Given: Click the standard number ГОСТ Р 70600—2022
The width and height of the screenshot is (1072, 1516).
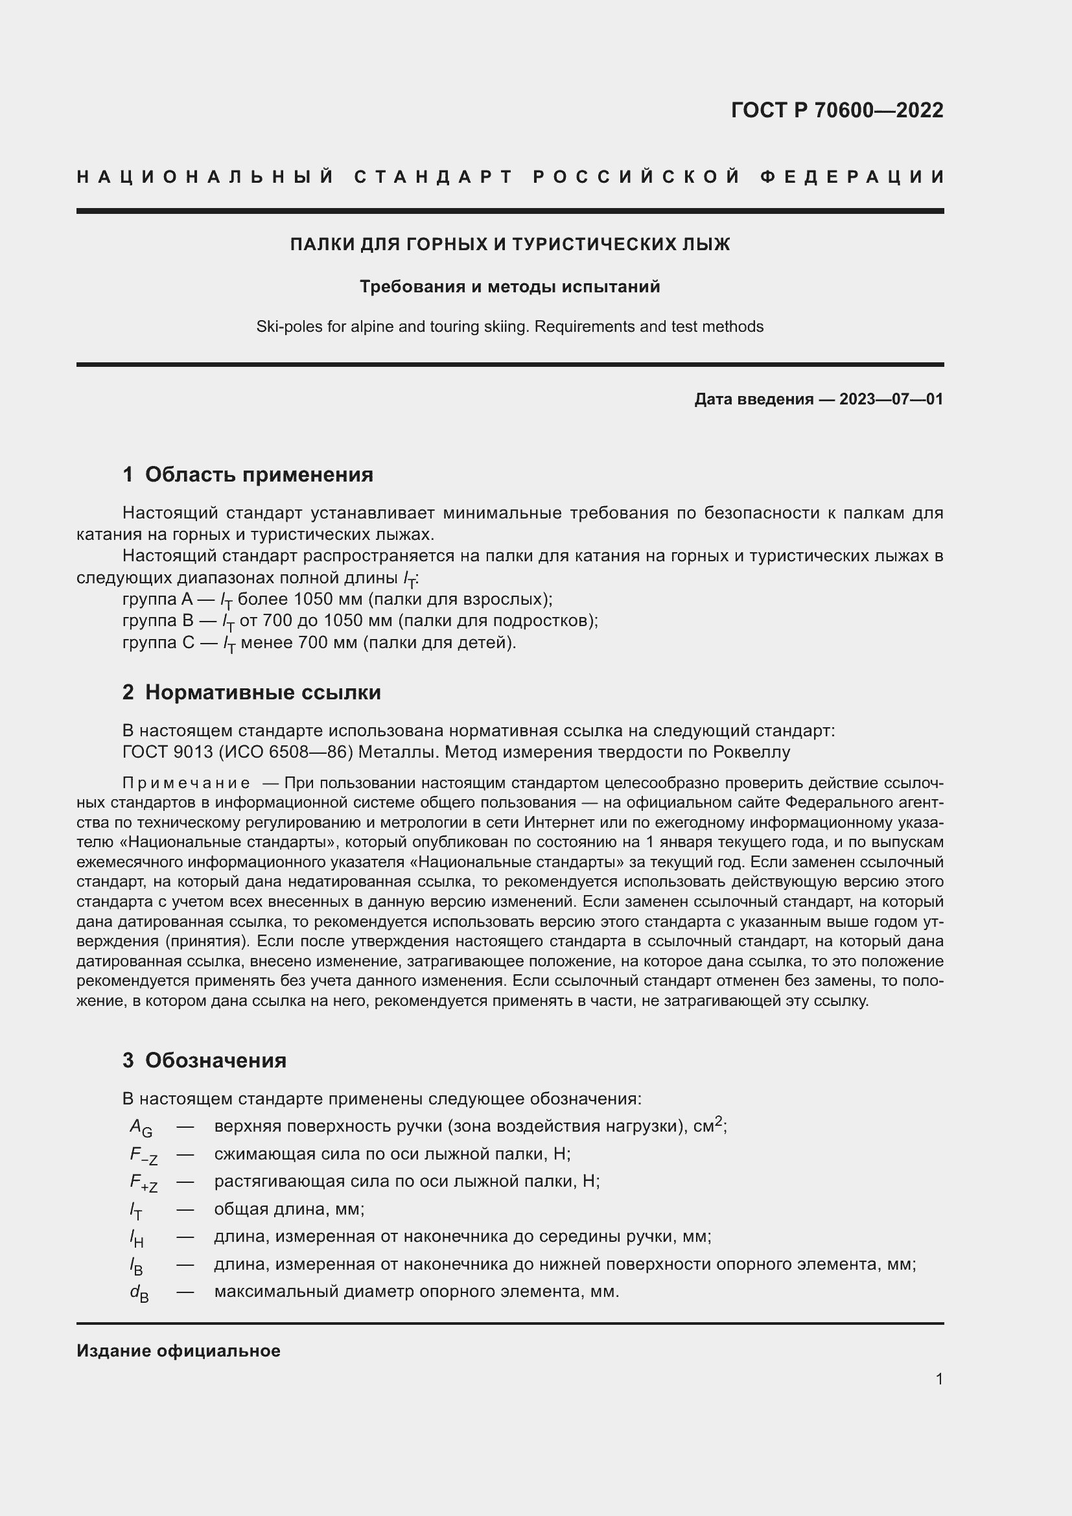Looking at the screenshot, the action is (x=837, y=110).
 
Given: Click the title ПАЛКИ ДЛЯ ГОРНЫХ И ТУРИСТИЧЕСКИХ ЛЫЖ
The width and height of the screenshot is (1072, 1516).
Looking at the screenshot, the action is (x=509, y=244).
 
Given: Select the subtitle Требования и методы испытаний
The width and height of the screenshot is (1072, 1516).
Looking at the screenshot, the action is (x=509, y=286).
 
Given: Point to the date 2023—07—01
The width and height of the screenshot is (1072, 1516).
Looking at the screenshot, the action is (x=891, y=399).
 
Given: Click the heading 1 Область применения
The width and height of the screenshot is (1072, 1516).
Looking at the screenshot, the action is (x=248, y=474).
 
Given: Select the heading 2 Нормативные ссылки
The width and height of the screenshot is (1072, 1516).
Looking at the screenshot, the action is (x=251, y=692).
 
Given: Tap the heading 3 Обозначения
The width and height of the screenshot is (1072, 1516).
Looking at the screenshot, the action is (x=204, y=1060).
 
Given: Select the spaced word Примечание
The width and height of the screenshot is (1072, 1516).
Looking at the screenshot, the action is (x=186, y=783).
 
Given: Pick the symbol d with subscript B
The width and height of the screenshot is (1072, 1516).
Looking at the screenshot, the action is (x=139, y=1293).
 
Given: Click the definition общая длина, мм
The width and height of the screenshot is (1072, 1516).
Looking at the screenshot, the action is (x=288, y=1209).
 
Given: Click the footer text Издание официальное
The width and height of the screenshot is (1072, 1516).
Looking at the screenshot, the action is (x=178, y=1351).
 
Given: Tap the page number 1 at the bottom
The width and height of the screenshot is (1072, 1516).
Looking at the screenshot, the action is (x=938, y=1379).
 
